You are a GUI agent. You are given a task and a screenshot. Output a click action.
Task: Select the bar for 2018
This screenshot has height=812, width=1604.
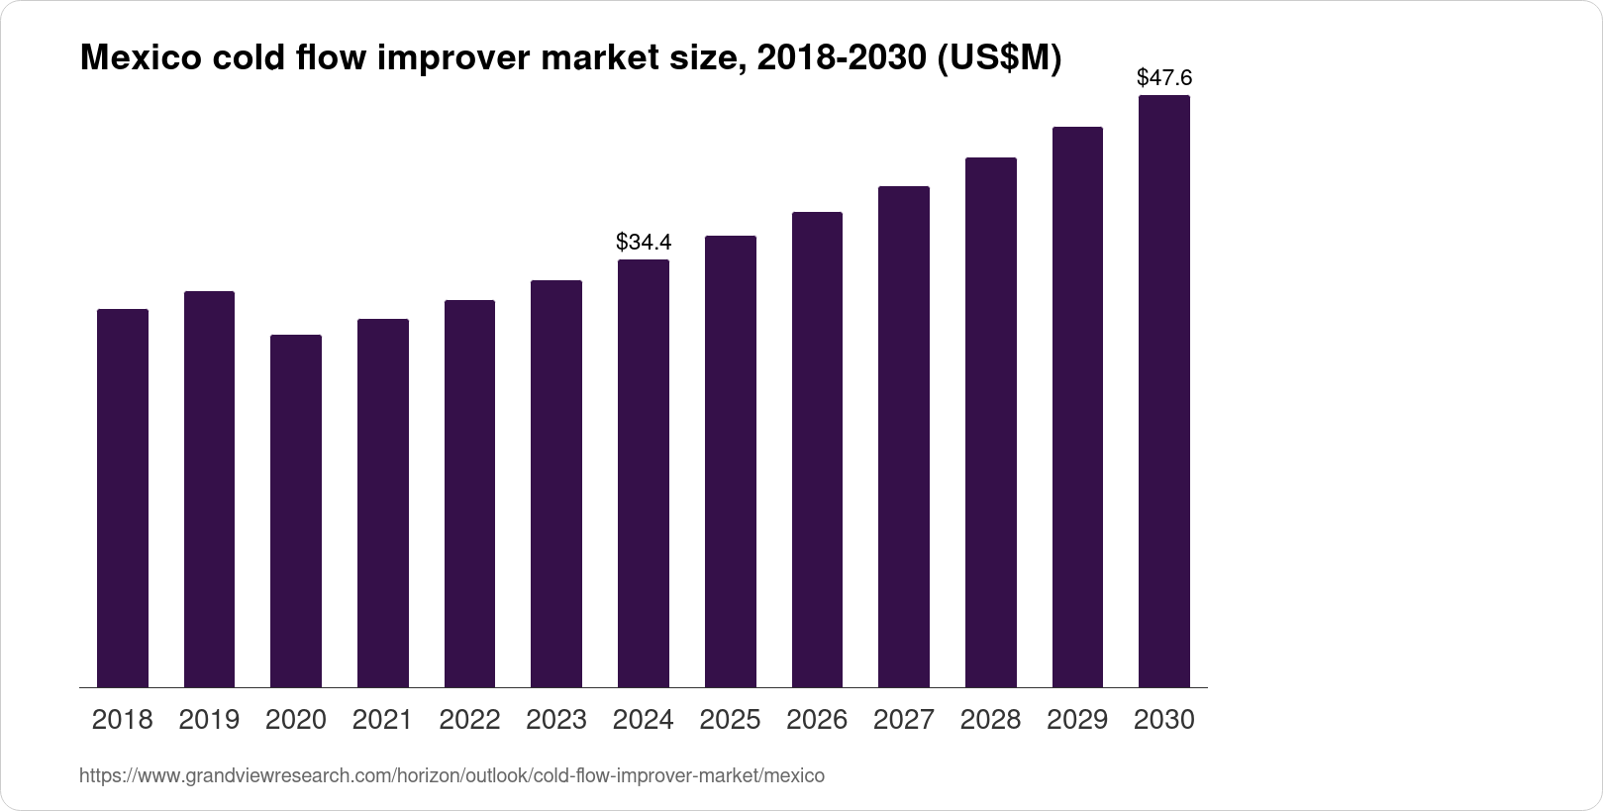click(x=123, y=498)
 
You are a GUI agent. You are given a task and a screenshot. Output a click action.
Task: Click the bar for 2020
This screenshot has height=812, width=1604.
click(x=296, y=511)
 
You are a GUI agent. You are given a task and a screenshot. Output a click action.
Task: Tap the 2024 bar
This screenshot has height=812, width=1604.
click(x=644, y=473)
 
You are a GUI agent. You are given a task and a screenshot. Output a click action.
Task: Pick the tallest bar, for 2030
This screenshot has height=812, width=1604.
click(x=1164, y=391)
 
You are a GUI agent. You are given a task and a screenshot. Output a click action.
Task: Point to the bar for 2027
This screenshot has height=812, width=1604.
click(x=904, y=437)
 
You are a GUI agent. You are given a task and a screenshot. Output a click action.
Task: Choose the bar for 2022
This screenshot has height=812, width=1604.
click(x=469, y=493)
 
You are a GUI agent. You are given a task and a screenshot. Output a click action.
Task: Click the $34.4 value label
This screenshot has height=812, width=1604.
click(x=644, y=242)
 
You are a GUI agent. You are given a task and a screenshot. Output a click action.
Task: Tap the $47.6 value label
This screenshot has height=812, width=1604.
click(x=1164, y=77)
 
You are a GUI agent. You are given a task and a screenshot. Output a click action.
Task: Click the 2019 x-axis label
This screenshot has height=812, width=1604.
click(x=209, y=720)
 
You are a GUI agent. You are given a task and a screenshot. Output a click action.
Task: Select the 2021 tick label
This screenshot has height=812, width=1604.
click(x=382, y=720)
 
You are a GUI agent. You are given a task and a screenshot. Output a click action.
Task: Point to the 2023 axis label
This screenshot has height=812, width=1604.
click(x=556, y=720)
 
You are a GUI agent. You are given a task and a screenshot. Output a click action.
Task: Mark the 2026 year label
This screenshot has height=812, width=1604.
click(x=817, y=720)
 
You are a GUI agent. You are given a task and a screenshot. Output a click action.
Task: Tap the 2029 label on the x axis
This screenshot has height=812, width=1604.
click(x=1077, y=720)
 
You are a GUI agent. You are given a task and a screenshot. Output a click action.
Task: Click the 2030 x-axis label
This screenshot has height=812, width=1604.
click(x=1164, y=720)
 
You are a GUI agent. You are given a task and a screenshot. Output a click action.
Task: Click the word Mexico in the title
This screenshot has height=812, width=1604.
click(x=137, y=59)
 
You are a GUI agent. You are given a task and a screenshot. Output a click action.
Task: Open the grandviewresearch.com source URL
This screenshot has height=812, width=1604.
click(x=451, y=776)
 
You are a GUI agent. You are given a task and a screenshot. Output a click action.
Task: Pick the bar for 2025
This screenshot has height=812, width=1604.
click(x=731, y=461)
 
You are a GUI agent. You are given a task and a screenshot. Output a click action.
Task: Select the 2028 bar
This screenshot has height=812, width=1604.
click(x=991, y=422)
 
